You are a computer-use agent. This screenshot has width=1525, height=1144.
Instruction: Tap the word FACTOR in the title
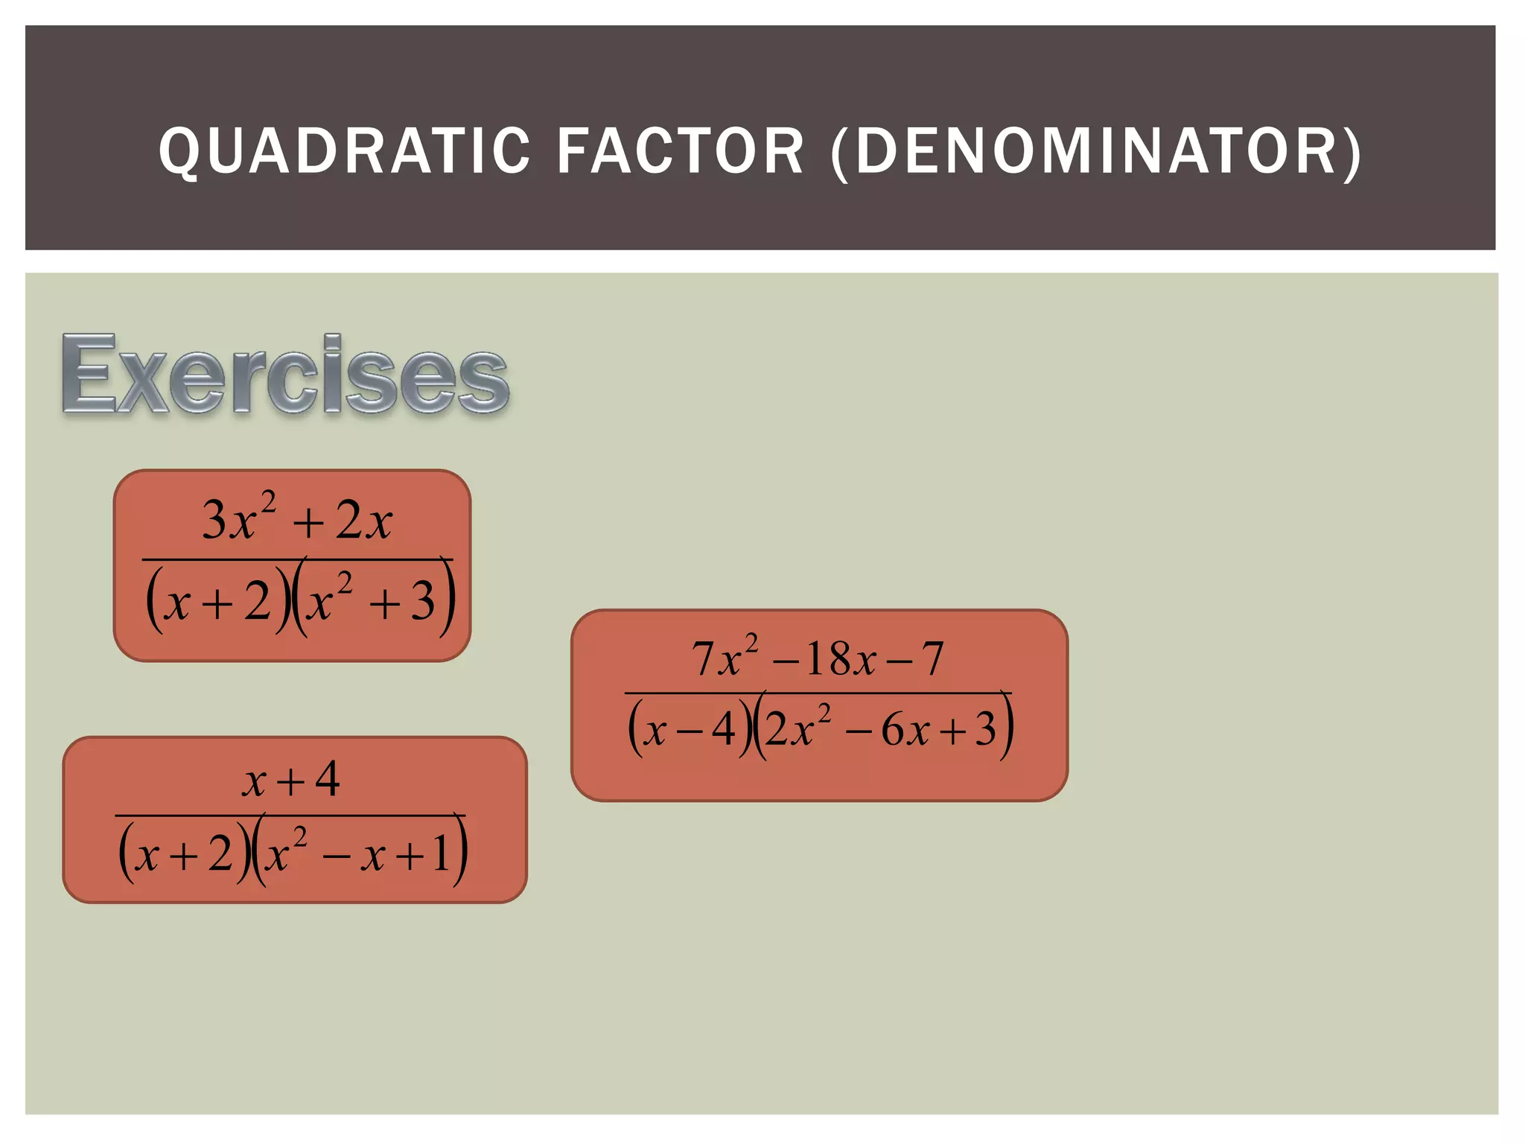pyautogui.click(x=681, y=151)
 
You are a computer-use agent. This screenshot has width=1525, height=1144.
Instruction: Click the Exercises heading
pyautogui.click(x=285, y=375)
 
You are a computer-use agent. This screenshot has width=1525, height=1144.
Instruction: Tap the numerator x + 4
pyautogui.click(x=291, y=780)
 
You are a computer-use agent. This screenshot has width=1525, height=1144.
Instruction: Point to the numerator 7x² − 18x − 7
pyautogui.click(x=818, y=658)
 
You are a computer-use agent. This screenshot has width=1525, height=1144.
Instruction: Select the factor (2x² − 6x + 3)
pyautogui.click(x=883, y=728)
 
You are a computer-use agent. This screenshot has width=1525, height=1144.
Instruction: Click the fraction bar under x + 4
pyautogui.click(x=290, y=816)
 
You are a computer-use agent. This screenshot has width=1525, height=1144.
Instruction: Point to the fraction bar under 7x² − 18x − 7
pyautogui.click(x=818, y=693)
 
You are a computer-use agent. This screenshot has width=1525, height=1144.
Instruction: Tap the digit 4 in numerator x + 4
pyautogui.click(x=328, y=779)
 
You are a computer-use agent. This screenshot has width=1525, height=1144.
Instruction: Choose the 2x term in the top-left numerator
pyautogui.click(x=363, y=520)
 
